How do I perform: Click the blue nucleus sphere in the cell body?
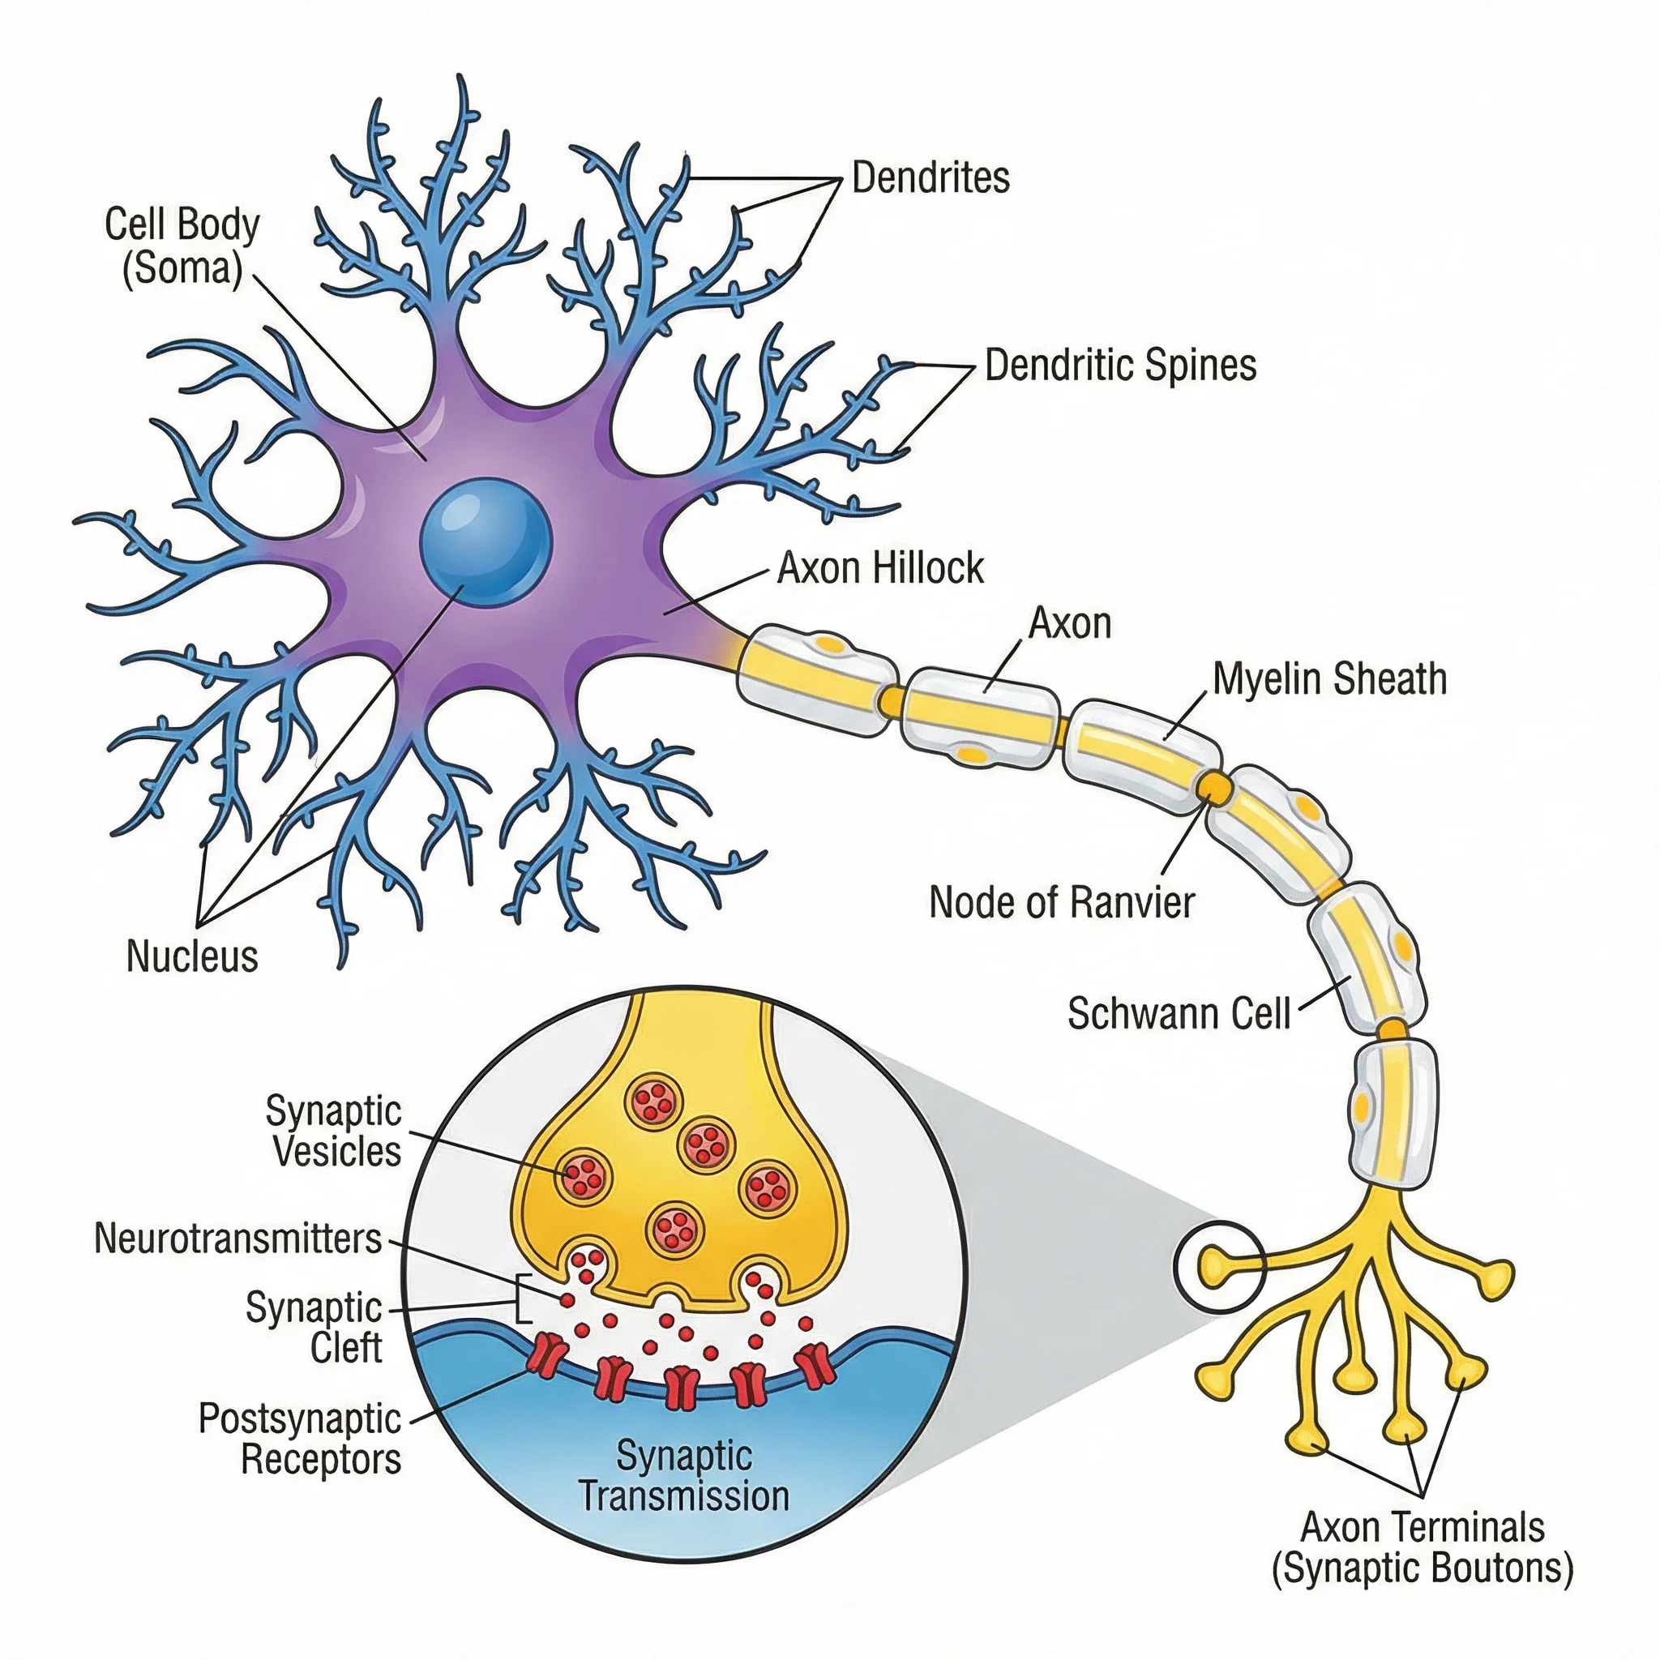486,543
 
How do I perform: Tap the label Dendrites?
930,178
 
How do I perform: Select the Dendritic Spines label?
1119,366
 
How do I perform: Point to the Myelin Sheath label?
1329,678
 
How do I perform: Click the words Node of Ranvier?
1061,903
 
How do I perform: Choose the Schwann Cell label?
1178,1014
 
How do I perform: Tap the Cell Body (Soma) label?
182,246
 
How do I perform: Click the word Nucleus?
191,956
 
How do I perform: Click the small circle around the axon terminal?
1219,1268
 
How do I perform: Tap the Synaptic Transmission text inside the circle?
684,1476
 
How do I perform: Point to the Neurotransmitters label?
237,1239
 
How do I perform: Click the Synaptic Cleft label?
314,1328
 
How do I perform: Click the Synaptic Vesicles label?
333,1132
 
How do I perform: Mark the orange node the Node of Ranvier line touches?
1214,785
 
